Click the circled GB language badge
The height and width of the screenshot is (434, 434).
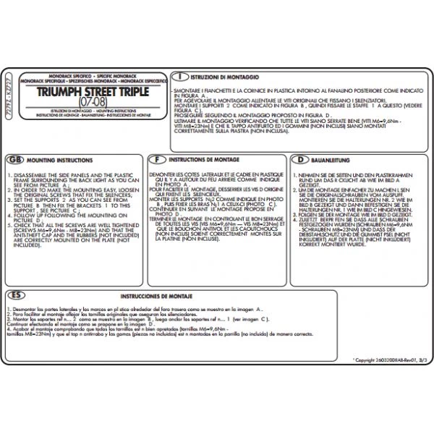[13, 159]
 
